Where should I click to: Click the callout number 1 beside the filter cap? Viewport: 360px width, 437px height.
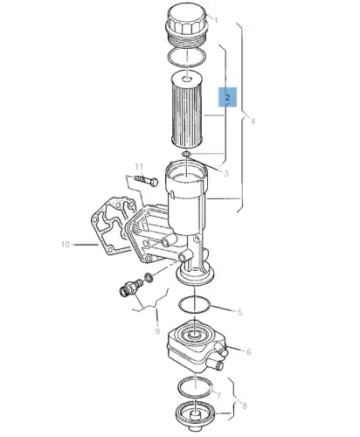[x=216, y=20]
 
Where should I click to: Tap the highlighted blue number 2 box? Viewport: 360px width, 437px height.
[x=227, y=97]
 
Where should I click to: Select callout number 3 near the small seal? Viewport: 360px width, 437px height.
[x=226, y=173]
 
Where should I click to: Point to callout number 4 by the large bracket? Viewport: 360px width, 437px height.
[x=253, y=121]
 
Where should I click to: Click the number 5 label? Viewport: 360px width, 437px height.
[x=239, y=312]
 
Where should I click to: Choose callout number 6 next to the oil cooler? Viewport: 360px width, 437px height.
[x=249, y=352]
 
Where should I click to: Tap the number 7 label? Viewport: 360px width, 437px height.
[x=218, y=395]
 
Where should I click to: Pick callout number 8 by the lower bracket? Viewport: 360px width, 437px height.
[x=245, y=406]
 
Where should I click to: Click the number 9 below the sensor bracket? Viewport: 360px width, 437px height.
[x=157, y=331]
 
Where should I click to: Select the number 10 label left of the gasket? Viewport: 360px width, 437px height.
[x=66, y=245]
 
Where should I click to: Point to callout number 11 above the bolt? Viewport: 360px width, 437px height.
[x=139, y=167]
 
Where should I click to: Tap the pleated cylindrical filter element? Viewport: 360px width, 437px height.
[x=186, y=109]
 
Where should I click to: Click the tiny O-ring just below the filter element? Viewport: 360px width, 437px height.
[x=186, y=154]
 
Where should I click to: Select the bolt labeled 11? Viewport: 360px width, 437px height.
[x=146, y=180]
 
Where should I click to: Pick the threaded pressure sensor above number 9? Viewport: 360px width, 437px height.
[x=131, y=287]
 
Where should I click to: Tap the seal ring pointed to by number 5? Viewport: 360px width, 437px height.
[x=194, y=305]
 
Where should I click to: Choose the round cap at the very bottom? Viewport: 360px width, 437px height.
[x=196, y=415]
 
